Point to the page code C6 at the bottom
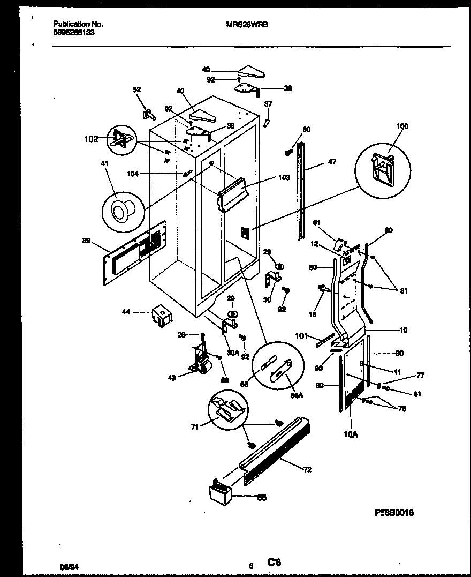click(x=274, y=562)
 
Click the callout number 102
click(x=92, y=139)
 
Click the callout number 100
click(x=402, y=126)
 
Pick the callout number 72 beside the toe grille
click(x=307, y=470)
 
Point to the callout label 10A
click(x=351, y=435)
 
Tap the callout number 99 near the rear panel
click(x=86, y=242)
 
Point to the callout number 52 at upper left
click(x=136, y=90)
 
